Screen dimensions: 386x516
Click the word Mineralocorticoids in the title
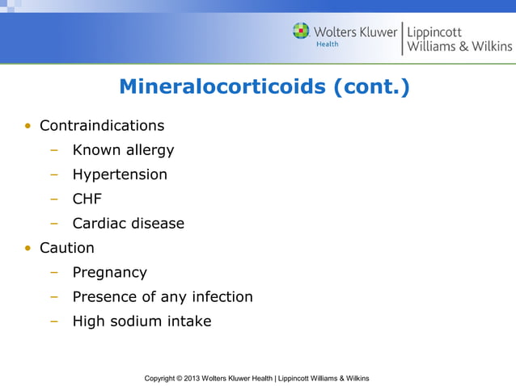pos(223,86)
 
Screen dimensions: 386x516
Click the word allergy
pos(146,150)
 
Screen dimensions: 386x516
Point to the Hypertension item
pos(120,174)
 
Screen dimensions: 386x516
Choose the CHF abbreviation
pos(87,199)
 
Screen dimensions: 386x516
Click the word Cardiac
pos(97,223)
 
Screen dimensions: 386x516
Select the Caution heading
pos(67,248)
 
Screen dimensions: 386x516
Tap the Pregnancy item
pos(109,272)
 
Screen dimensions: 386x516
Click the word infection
pos(219,296)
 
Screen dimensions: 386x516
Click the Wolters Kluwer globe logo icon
pos(301,31)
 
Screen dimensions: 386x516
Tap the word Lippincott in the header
pos(437,31)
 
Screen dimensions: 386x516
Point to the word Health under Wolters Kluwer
pos(327,44)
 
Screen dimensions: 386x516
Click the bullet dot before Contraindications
pos(27,127)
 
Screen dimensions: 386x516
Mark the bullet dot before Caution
pos(27,249)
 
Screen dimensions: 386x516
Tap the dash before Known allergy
pos(53,151)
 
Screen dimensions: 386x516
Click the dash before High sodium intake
pos(53,321)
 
